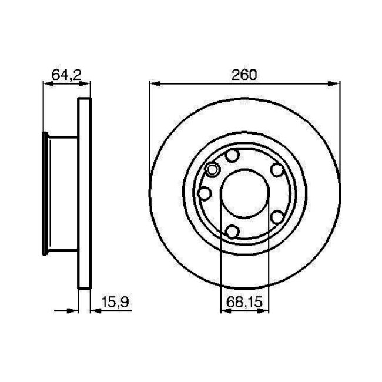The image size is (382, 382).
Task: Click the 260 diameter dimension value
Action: point(244,75)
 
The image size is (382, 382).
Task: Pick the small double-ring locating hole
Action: point(212,171)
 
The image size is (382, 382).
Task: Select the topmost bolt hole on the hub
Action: point(233,156)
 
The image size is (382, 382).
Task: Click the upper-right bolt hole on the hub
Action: point(277,170)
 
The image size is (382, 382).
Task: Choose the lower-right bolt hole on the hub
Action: point(277,217)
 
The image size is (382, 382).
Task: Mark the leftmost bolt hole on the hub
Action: point(205,193)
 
